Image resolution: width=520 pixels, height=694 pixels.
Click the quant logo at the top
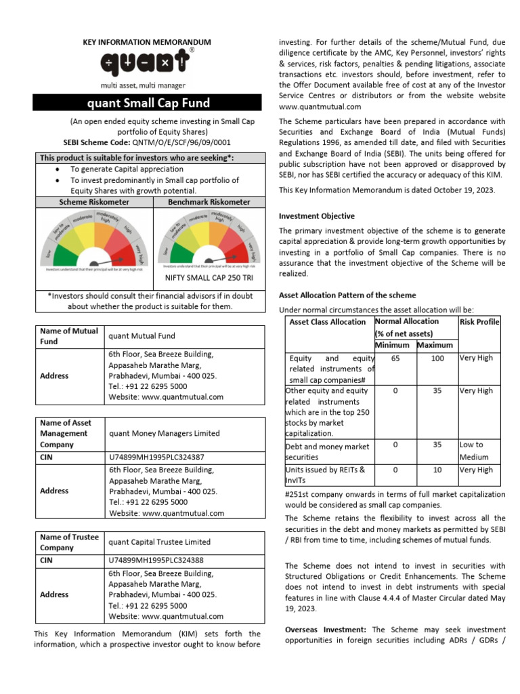[x=147, y=64]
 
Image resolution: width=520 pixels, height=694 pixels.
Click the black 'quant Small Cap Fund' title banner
[x=148, y=103]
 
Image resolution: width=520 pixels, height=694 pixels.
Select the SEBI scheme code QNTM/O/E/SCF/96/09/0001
[x=181, y=143]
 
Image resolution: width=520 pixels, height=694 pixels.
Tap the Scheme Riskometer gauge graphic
[x=94, y=241]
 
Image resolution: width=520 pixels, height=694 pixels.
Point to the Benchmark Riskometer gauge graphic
[x=208, y=238]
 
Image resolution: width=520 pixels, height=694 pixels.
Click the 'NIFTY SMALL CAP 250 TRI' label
[x=208, y=278]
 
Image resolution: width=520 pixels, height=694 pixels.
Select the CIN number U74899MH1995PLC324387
[x=156, y=457]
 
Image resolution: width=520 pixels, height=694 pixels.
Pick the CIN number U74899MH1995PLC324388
[x=156, y=560]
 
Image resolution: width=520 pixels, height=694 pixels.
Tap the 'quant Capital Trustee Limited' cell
[x=160, y=542]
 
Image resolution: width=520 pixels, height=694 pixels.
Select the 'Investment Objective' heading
[x=317, y=216]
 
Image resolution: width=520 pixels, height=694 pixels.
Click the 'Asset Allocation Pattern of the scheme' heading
[x=347, y=295]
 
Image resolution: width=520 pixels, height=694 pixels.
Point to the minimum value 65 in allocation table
[x=395, y=358]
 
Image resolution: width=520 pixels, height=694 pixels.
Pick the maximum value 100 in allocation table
[x=437, y=358]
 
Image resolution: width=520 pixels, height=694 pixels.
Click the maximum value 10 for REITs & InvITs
[x=437, y=469]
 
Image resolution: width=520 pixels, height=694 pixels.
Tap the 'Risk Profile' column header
[x=479, y=322]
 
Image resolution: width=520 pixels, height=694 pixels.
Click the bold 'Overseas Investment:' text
[x=326, y=630]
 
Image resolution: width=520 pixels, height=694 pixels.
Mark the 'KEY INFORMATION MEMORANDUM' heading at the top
[x=147, y=42]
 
